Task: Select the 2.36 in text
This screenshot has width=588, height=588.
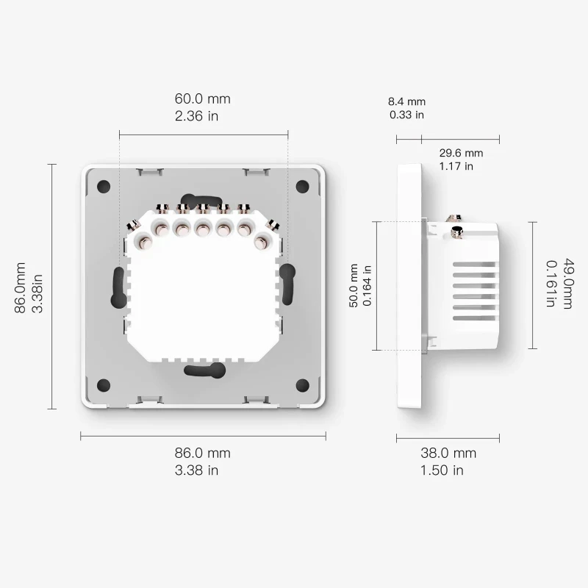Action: click(196, 116)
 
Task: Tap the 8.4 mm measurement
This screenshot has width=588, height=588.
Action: click(407, 101)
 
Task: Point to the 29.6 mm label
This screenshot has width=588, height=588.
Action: click(461, 153)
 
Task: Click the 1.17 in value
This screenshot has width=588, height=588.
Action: click(456, 166)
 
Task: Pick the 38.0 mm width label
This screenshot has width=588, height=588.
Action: click(447, 453)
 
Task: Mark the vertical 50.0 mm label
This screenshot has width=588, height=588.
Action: click(354, 286)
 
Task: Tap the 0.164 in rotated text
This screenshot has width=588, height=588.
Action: click(367, 286)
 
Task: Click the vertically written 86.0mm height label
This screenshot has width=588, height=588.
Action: click(21, 287)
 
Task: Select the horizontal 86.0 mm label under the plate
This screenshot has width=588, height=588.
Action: click(203, 453)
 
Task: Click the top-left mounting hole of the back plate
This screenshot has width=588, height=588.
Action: click(104, 186)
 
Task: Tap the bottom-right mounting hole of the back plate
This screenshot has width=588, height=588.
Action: click(302, 384)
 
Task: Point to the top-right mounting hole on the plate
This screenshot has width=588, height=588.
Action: click(302, 186)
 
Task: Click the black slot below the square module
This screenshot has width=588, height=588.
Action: click(203, 371)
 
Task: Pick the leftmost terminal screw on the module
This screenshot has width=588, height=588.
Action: click(136, 239)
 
